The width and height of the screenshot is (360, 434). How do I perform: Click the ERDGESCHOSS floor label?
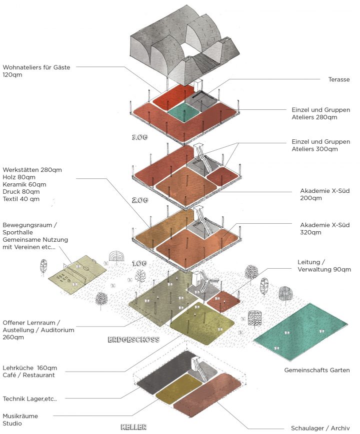click(x=133, y=340)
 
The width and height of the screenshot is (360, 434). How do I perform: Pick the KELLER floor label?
click(x=132, y=428)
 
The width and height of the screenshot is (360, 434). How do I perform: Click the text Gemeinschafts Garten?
click(x=316, y=370)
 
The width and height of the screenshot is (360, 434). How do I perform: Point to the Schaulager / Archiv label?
click(x=320, y=428)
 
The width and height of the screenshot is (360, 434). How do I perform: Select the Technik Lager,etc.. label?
click(x=30, y=399)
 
